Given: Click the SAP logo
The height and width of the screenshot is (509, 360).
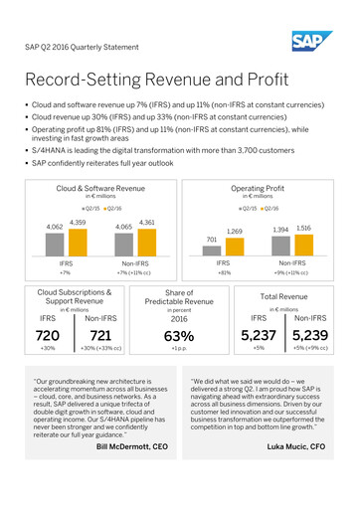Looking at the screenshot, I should [x=311, y=41].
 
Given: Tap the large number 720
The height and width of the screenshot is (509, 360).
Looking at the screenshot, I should [x=47, y=337].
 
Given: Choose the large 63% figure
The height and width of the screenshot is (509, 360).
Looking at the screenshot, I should [x=179, y=337].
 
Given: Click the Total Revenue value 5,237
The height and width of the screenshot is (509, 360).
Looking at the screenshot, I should [x=259, y=337].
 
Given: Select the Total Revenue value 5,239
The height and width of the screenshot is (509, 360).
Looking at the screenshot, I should [x=310, y=337].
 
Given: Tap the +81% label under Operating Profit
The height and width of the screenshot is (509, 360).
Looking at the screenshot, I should [x=224, y=271].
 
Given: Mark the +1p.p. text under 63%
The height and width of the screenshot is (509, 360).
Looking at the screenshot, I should [x=179, y=350].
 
